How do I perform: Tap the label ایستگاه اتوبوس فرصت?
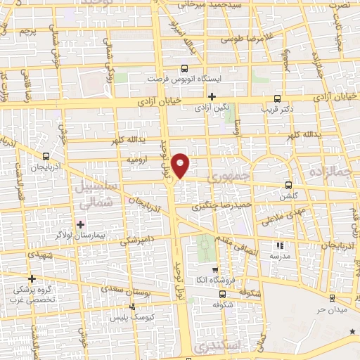(184, 79)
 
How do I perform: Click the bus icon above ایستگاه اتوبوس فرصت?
(184, 69)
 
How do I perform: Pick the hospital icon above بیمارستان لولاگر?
(82, 224)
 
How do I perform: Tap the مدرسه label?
(280, 257)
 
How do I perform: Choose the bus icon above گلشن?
(288, 185)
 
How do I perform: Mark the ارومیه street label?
(136, 160)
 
